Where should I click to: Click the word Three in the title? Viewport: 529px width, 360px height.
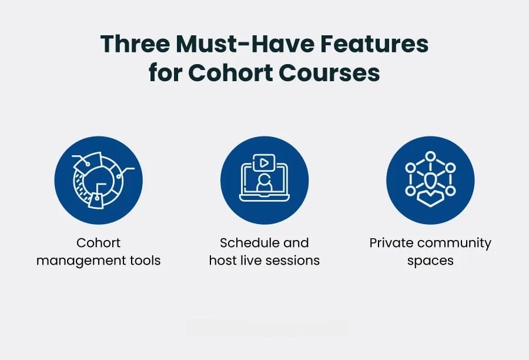[135, 44]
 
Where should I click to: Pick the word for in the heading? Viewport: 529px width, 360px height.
[165, 72]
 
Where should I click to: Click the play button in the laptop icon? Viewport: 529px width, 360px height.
[264, 163]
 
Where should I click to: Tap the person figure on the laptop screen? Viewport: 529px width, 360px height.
[264, 184]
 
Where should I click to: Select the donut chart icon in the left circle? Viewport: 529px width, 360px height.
[99, 181]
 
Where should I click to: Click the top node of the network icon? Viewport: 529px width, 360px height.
[430, 156]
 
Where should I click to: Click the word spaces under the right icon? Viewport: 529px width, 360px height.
[430, 261]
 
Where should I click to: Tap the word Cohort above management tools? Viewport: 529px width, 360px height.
[98, 242]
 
